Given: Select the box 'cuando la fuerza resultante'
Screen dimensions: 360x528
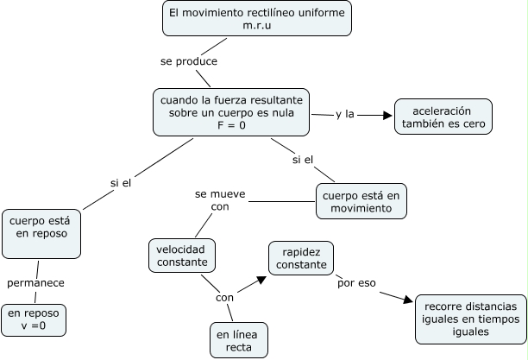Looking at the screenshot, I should [x=231, y=112].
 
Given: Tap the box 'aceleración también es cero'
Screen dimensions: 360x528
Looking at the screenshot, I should [x=443, y=117].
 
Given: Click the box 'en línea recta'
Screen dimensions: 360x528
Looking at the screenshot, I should [x=238, y=339].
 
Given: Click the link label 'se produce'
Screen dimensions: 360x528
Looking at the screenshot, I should [x=188, y=62].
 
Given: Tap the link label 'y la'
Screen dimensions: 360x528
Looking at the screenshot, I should [x=345, y=114].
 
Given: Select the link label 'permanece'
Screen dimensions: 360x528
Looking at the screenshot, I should [x=35, y=282].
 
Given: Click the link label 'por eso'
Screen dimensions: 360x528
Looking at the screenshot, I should [x=357, y=282].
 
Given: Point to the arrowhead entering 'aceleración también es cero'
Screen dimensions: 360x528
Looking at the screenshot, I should [x=386, y=114].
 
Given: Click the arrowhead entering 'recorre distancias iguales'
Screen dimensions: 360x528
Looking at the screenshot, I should [x=409, y=300].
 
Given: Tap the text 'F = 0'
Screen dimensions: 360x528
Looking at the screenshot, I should [x=231, y=127].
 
